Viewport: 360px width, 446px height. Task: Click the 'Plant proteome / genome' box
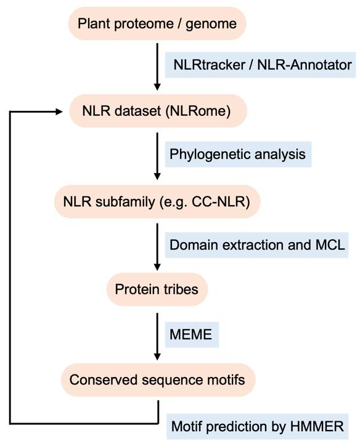click(x=157, y=23)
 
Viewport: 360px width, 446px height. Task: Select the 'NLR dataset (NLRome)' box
click(x=158, y=111)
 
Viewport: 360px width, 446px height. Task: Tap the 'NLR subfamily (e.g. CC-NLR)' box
click(x=157, y=201)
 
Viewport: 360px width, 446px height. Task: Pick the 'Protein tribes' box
click(x=157, y=290)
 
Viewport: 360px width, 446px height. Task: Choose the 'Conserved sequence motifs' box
click(x=158, y=379)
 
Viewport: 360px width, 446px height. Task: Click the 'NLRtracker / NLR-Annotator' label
click(x=260, y=65)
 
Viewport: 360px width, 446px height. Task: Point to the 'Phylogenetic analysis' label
click(x=238, y=154)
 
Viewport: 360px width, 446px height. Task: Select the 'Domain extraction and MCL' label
click(x=256, y=245)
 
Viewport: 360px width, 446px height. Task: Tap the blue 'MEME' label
click(x=192, y=334)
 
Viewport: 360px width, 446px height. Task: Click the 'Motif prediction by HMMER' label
click(x=257, y=426)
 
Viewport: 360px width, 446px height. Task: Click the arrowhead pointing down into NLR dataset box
click(x=157, y=87)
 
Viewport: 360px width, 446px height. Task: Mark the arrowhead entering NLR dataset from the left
click(x=59, y=111)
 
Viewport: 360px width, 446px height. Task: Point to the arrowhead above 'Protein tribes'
click(x=157, y=267)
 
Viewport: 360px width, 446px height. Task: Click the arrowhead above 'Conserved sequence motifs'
click(x=157, y=357)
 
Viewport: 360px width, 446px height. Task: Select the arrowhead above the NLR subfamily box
click(x=157, y=176)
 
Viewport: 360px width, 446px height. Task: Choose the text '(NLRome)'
click(x=198, y=111)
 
